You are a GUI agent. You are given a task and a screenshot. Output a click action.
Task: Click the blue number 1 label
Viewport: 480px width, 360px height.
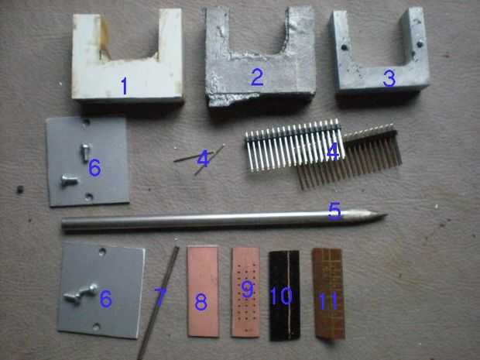(124, 85)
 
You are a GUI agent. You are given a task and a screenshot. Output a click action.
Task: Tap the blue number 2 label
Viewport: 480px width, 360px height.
(257, 77)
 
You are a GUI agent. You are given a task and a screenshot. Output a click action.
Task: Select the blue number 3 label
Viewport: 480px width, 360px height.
(389, 77)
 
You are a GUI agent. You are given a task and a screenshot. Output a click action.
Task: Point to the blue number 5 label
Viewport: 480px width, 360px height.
(334, 211)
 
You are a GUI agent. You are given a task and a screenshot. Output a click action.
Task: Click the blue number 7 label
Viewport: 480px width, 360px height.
(160, 297)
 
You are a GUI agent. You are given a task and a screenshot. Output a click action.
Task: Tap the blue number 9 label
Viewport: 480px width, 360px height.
(247, 290)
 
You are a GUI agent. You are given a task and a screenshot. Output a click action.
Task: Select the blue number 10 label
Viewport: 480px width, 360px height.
(281, 296)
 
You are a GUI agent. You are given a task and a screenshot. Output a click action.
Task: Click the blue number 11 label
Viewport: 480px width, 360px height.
(328, 300)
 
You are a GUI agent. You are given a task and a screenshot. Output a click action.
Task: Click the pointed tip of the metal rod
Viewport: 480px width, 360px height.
(386, 215)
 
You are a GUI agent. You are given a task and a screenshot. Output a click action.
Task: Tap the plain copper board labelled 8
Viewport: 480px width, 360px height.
(203, 291)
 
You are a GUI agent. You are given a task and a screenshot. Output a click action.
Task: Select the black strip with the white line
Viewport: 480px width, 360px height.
(284, 296)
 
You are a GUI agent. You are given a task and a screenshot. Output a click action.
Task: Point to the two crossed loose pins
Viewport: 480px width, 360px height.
(201, 159)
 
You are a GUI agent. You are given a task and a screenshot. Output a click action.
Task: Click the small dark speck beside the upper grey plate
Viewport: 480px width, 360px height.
(20, 190)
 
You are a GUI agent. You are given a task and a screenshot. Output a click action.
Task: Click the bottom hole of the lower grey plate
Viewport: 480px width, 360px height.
(96, 327)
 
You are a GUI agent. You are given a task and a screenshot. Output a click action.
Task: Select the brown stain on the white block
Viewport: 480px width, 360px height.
(105, 38)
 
